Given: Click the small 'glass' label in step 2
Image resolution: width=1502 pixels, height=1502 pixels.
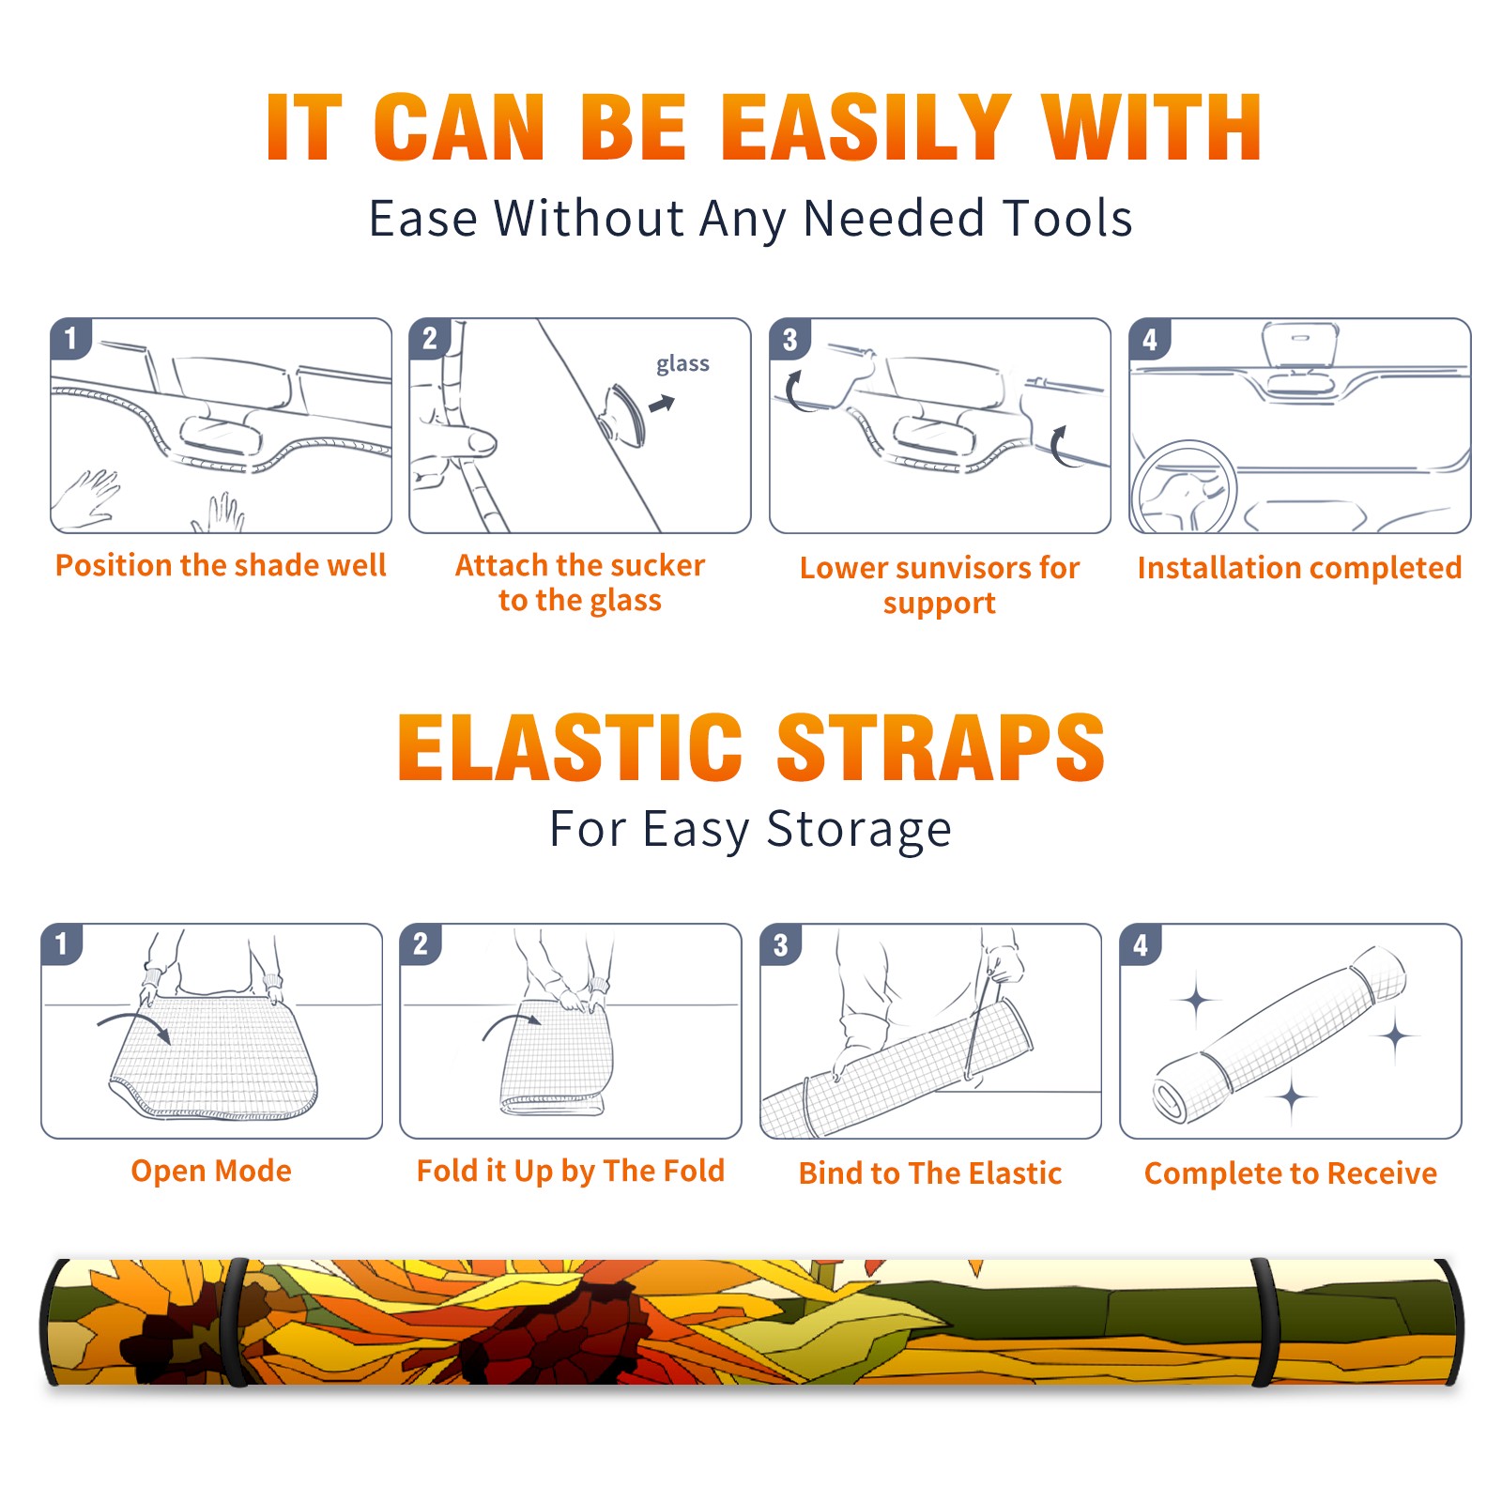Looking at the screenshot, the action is click(x=682, y=364).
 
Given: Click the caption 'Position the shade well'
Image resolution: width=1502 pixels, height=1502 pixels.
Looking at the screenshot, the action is click(x=221, y=565).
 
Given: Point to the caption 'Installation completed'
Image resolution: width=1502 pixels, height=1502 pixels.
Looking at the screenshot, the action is click(x=1299, y=568).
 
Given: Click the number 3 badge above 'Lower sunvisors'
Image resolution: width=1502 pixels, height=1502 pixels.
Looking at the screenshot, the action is click(x=789, y=340).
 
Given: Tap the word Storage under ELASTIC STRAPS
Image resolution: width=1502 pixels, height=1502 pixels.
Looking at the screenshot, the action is click(x=859, y=830).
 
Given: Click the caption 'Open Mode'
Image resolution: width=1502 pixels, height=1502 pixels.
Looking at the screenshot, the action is click(x=211, y=1171).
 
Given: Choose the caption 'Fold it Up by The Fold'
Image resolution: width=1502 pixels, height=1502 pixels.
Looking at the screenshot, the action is click(x=571, y=1172).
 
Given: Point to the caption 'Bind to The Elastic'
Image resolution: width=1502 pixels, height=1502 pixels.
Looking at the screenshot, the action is click(x=930, y=1173).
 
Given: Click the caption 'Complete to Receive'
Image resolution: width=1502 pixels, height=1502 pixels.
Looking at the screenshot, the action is click(x=1291, y=1173).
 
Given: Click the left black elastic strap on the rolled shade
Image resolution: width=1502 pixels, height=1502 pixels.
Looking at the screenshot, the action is click(x=236, y=1323).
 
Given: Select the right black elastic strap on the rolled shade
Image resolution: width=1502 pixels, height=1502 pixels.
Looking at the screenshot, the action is click(x=1265, y=1323).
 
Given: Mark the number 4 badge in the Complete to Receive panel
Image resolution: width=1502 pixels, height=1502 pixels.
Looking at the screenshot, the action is click(x=1141, y=944).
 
